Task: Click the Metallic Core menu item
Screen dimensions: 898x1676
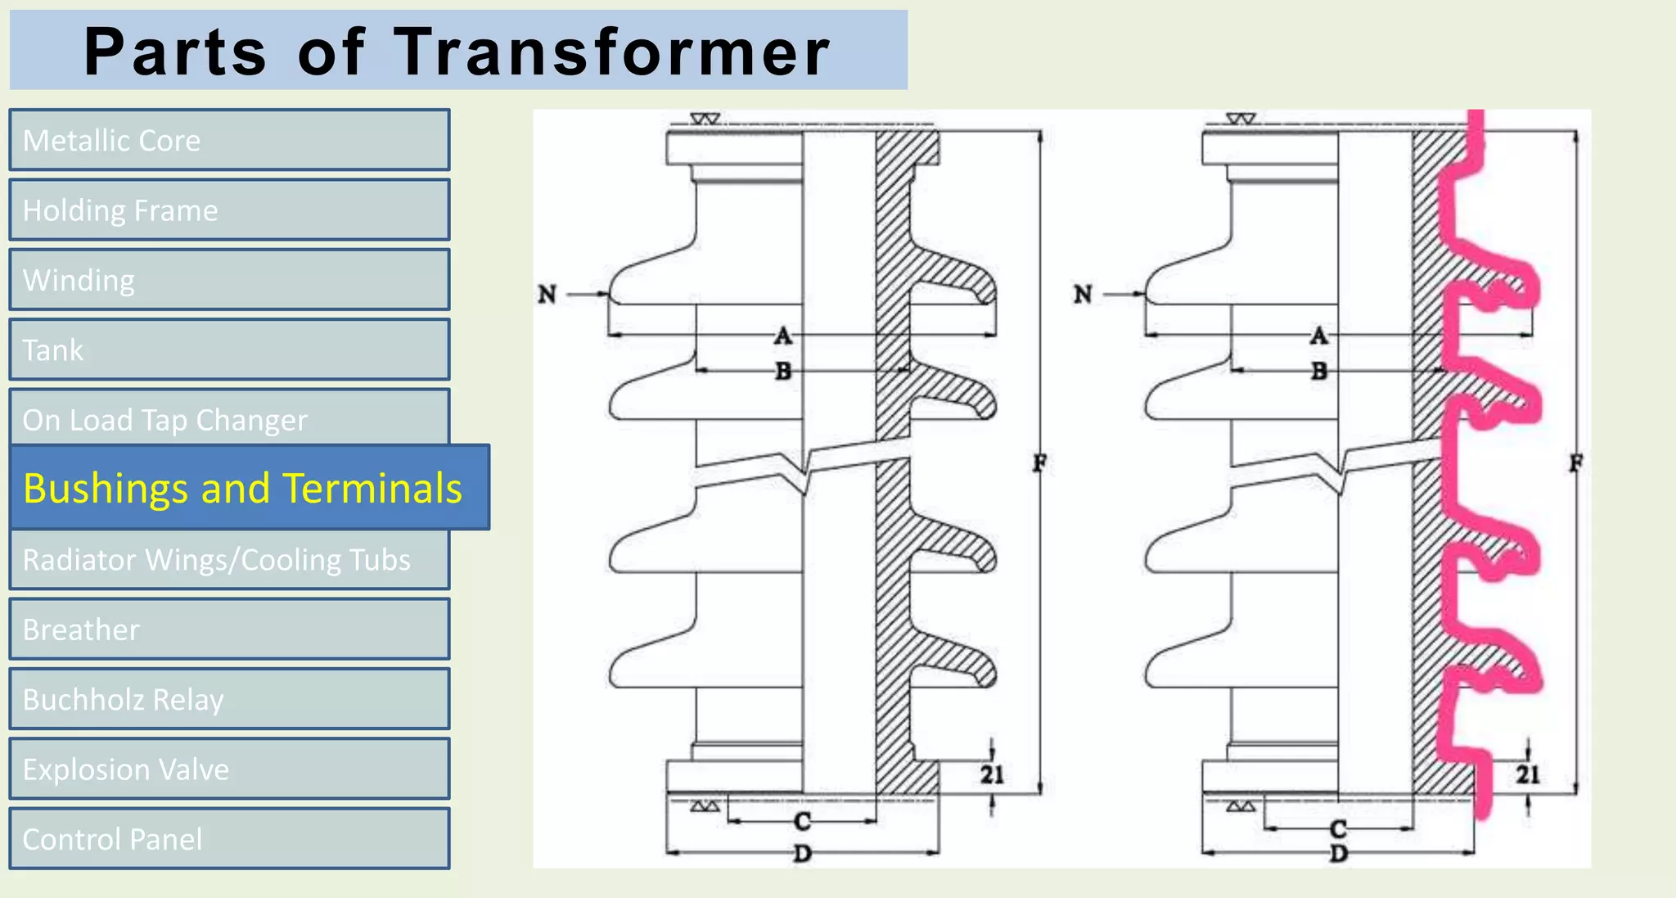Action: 229,140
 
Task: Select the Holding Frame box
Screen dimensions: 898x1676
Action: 229,210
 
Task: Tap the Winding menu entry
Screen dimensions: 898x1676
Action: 229,280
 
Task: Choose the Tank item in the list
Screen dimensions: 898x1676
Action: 229,350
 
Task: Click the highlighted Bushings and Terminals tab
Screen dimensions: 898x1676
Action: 250,488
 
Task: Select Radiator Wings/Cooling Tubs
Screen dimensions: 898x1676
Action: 229,560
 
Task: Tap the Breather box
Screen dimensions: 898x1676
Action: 229,630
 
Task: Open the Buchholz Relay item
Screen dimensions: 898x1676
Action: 229,699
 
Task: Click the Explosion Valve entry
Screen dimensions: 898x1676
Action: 229,769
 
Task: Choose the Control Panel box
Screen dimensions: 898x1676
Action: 229,839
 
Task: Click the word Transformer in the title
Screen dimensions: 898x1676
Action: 612,52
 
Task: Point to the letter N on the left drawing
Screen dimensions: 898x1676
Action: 547,294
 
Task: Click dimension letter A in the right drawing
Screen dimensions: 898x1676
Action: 1319,336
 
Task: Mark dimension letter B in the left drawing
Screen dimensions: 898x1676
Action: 783,372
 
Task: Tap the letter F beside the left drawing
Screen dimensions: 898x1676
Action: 1039,463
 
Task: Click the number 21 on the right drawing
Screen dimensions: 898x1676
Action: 1528,774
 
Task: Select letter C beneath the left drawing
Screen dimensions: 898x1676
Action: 802,821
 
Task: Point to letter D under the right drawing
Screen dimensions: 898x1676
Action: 1339,854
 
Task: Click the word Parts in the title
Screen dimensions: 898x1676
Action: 176,52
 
